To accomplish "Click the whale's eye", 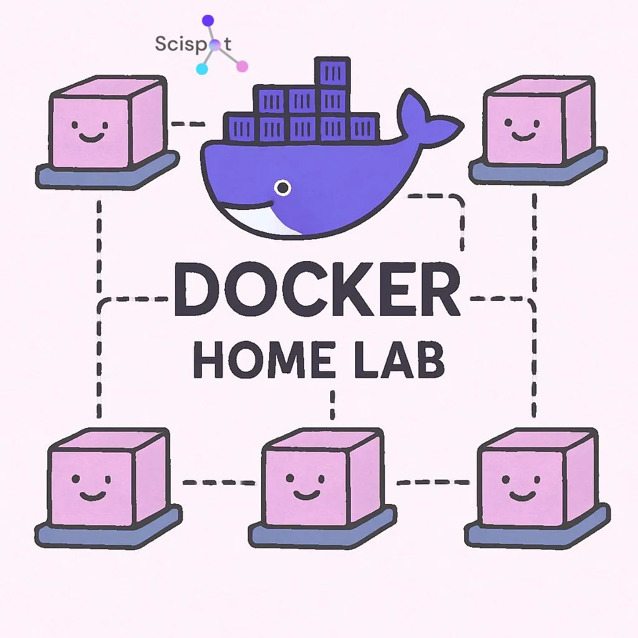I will (283, 187).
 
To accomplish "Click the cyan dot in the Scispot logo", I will (201, 68).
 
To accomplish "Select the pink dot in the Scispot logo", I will (242, 66).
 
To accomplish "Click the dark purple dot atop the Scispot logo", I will (207, 21).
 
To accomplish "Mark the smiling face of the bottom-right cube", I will (517, 487).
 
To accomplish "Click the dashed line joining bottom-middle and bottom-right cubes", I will (432, 482).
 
